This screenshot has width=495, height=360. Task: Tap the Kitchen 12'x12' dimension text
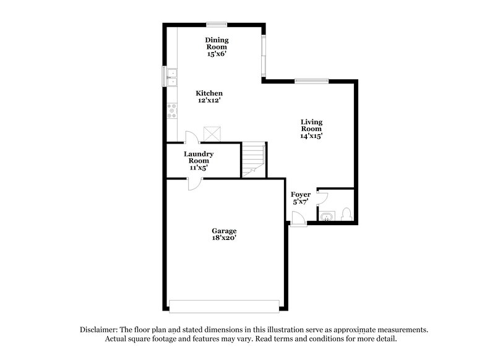210,100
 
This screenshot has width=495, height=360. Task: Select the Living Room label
311,126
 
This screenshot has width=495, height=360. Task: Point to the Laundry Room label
199,157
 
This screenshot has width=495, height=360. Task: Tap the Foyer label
301,195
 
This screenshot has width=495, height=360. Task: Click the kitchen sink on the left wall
171,77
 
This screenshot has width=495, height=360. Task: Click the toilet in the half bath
346,214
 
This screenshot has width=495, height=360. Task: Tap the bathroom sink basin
326,215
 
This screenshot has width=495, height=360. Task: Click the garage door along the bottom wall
224,306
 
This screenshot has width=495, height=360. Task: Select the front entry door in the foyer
297,218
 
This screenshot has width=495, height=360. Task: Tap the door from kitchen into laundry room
191,138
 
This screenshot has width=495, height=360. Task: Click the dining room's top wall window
217,25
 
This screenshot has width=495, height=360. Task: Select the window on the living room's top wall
311,80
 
